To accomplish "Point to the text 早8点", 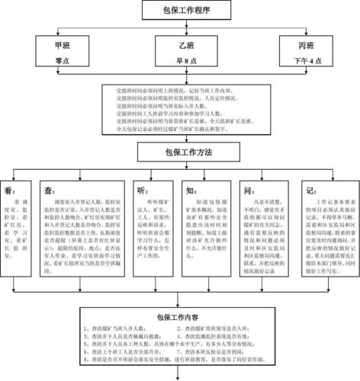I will [x=181, y=60].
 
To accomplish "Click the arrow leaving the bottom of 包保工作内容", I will [x=181, y=376].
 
